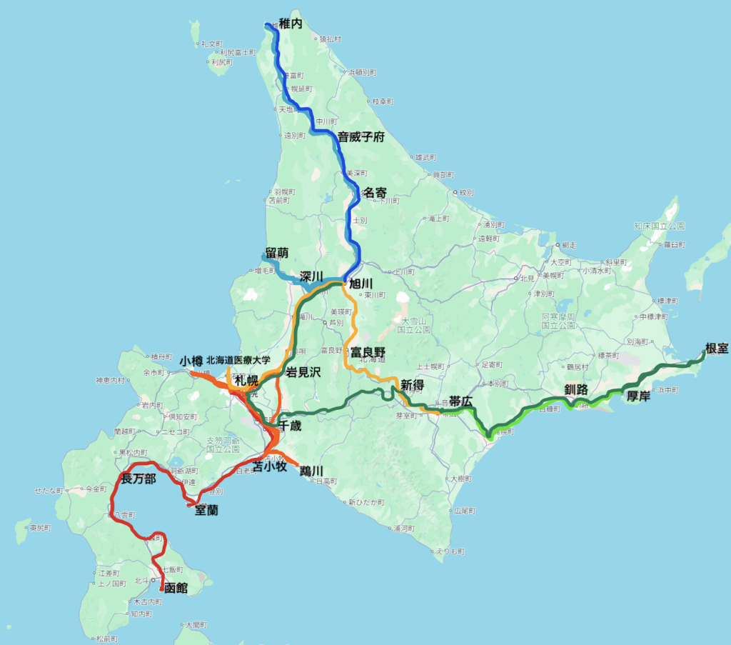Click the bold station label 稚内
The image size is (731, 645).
coord(291,24)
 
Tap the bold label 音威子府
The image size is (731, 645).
coord(361,136)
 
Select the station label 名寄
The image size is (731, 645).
coord(375,192)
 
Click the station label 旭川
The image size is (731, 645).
coord(361,284)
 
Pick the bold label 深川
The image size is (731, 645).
coord(312,276)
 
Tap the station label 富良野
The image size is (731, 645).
coord(368,352)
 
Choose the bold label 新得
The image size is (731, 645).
coord(412,385)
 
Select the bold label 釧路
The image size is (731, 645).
coord(575,389)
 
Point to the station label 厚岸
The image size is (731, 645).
coord(638,396)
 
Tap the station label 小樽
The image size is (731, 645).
coord(191,361)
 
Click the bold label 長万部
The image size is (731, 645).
coord(138,479)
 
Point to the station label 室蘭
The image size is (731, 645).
coord(206,511)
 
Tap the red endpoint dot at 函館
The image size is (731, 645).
coord(163,590)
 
